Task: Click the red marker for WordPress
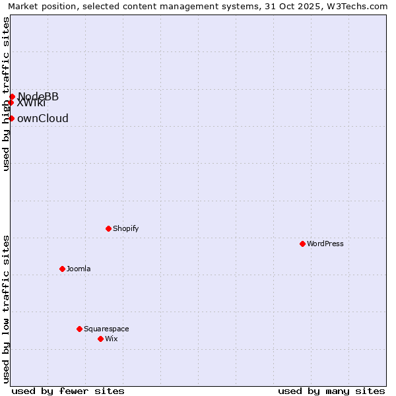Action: coord(302,244)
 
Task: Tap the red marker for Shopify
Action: coord(108,228)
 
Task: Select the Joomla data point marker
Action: coord(62,269)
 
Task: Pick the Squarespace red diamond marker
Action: coord(79,329)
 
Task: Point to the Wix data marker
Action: coord(100,339)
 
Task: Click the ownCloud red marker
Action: coord(11,118)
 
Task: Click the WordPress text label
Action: coord(325,244)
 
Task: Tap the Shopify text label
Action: coord(125,228)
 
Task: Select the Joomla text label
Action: coord(79,269)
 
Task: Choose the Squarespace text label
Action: coord(106,329)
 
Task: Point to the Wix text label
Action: coord(112,339)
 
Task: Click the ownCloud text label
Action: coord(43,119)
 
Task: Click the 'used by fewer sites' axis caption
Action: coord(68,391)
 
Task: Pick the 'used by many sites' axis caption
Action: coord(331,391)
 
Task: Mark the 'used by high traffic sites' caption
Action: coord(7,94)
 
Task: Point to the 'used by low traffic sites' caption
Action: coord(7,309)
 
